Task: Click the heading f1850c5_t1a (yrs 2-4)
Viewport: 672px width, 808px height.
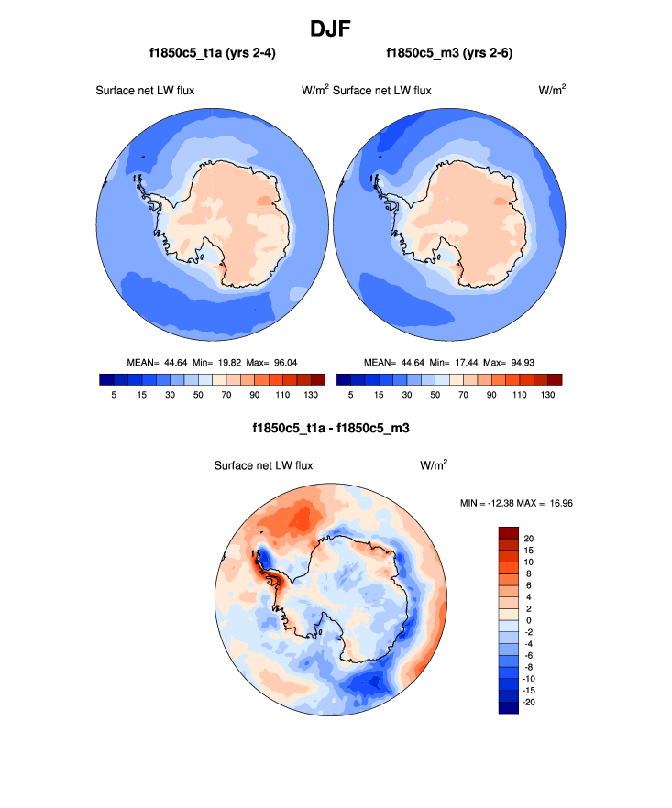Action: coord(213,54)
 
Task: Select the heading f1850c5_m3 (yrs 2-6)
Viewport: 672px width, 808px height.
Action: coord(449,54)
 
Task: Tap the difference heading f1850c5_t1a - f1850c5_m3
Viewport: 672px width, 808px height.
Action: coord(336,428)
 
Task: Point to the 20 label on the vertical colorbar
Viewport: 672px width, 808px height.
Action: coord(529,538)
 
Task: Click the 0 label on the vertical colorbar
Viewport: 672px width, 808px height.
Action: coord(527,619)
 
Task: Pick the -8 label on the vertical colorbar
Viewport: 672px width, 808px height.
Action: coord(529,666)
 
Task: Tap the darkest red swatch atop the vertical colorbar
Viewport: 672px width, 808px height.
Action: coord(509,532)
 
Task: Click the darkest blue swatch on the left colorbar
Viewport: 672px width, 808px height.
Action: coord(105,379)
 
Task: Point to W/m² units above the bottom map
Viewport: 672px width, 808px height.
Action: coord(435,465)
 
